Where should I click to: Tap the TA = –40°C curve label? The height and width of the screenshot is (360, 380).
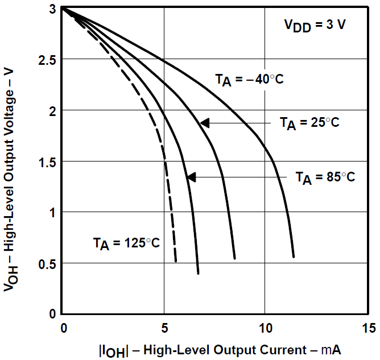click(x=249, y=80)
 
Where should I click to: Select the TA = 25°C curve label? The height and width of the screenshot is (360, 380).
click(x=309, y=122)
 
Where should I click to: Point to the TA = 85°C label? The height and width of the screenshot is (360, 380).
click(x=325, y=177)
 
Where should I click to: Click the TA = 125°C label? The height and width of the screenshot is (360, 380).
click(x=126, y=243)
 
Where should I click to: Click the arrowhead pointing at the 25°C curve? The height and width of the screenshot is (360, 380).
click(x=205, y=122)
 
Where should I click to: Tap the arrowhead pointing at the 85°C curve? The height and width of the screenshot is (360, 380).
click(x=192, y=177)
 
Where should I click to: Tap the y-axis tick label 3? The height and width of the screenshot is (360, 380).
click(x=52, y=9)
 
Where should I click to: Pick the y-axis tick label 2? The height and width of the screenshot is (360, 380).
click(x=52, y=111)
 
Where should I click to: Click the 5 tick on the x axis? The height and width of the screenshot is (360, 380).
click(x=164, y=328)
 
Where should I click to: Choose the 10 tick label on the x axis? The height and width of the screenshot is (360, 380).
click(x=265, y=328)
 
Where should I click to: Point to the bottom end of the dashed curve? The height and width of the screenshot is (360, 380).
click(x=176, y=261)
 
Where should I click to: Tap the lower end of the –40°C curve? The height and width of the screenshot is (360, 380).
click(x=294, y=257)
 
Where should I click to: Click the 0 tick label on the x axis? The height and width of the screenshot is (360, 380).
click(x=64, y=328)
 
